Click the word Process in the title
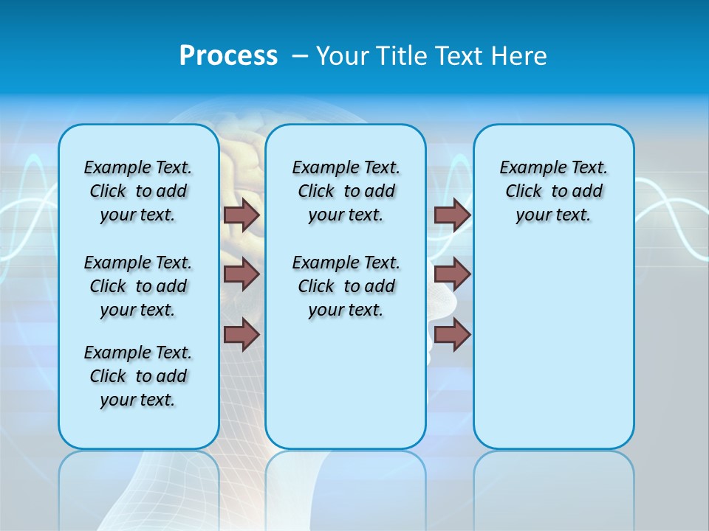tap(228, 55)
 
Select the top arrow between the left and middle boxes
tap(242, 215)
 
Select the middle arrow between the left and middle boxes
tap(242, 274)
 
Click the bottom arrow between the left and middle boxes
tap(242, 335)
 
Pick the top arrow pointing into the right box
tap(452, 215)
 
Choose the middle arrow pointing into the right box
tap(452, 274)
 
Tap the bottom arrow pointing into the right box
tap(452, 335)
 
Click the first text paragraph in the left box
tap(138, 191)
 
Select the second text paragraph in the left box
tap(138, 286)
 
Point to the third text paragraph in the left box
tap(138, 376)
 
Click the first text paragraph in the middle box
tap(346, 191)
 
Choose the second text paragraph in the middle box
tap(346, 286)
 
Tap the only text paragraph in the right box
tap(553, 191)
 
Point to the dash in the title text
tap(300, 56)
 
